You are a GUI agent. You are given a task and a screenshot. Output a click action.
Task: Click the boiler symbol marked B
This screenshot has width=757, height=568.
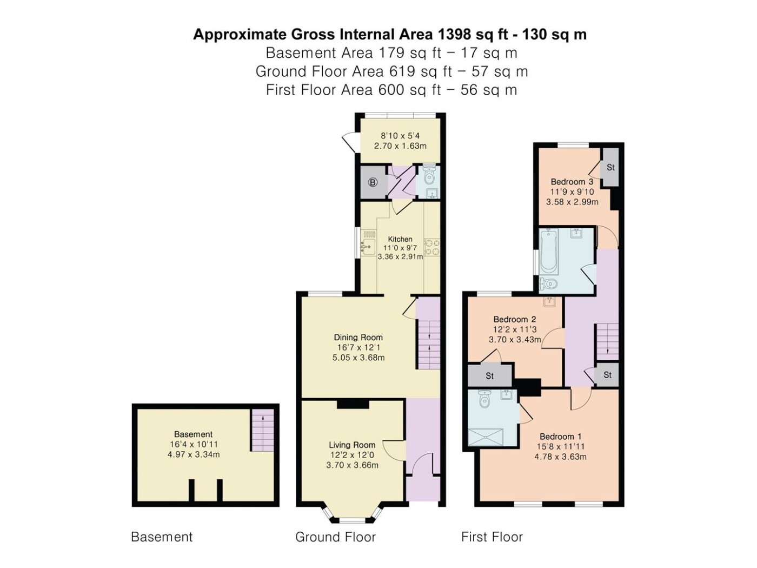(x=373, y=182)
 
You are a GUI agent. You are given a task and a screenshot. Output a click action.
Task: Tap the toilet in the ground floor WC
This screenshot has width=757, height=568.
(x=429, y=175)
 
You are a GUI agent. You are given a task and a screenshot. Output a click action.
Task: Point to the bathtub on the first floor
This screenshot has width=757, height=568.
(x=548, y=252)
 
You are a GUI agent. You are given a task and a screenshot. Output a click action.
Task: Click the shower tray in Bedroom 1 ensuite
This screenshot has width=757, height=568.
(x=486, y=437)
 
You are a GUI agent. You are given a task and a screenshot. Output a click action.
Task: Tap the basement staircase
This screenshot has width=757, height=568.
(x=262, y=430)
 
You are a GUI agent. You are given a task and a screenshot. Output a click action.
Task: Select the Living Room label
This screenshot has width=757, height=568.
(x=352, y=445)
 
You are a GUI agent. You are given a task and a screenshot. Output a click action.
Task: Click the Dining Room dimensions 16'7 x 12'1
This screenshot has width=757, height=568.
(x=358, y=348)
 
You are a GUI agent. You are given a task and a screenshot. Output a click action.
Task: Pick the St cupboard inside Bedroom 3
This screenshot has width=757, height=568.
(x=610, y=168)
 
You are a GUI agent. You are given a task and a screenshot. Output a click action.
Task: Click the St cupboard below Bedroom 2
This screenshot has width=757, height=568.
(x=490, y=375)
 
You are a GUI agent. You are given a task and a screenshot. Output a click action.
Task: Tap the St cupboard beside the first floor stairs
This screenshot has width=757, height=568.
(x=607, y=375)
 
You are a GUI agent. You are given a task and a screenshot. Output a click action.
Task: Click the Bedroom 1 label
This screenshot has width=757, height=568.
(x=560, y=436)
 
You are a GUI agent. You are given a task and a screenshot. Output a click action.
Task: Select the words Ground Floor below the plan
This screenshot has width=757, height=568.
(x=335, y=537)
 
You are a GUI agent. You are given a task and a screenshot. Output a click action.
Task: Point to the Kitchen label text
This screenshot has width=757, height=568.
(x=400, y=239)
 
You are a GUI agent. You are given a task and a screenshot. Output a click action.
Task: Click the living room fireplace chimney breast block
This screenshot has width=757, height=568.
(x=353, y=404)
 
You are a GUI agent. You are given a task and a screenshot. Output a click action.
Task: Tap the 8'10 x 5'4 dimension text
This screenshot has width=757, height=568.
(x=400, y=136)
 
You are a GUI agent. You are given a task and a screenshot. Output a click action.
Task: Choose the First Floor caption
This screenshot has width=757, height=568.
(x=492, y=537)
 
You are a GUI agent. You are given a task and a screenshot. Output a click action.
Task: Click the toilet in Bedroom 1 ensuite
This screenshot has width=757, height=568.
(x=485, y=399)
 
